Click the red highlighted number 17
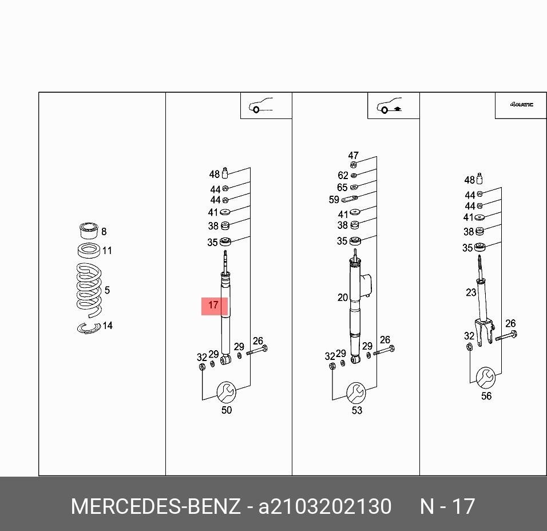click(x=213, y=306)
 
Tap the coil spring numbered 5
click(x=89, y=290)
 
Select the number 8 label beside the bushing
click(x=104, y=231)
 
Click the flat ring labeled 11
click(x=89, y=251)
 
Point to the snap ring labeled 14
click(x=89, y=328)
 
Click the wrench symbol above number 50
click(x=226, y=392)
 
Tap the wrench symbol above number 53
click(x=356, y=393)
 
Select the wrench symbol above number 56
click(x=486, y=378)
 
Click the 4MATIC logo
click(x=521, y=104)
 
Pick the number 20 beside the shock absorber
click(x=343, y=298)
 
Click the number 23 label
click(x=471, y=292)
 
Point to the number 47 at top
click(x=354, y=155)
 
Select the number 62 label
click(x=343, y=175)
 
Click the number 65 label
click(x=342, y=187)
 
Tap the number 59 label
click(x=334, y=200)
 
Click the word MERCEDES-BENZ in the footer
click(x=156, y=506)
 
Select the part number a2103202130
click(x=325, y=506)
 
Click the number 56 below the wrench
click(x=486, y=396)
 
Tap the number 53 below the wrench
click(x=357, y=410)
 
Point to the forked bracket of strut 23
click(x=485, y=332)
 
